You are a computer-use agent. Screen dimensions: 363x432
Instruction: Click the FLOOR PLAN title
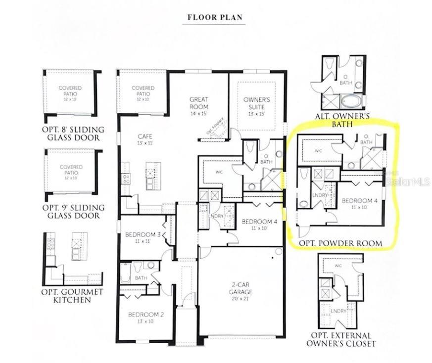coord(215,17)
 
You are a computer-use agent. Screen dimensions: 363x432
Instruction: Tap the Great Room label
coord(198,103)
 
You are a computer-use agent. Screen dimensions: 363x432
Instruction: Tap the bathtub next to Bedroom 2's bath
coord(126,273)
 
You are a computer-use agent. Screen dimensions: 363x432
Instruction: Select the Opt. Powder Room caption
coord(340,243)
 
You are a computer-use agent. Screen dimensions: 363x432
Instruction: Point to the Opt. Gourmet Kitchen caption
coord(72,296)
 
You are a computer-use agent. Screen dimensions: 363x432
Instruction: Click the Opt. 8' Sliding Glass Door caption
coord(73,133)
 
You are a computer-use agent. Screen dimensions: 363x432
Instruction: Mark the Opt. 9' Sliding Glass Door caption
coord(72,211)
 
